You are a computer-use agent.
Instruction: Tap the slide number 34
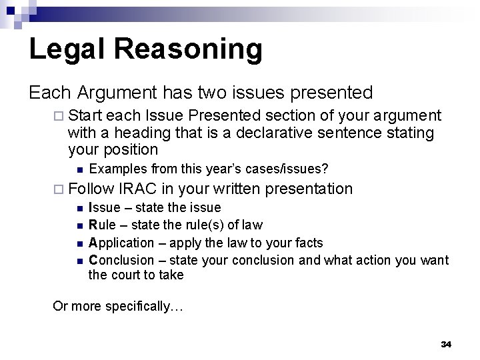[446, 344]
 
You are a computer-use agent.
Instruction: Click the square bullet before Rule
[79, 225]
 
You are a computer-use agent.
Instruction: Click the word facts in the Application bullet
[309, 242]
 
